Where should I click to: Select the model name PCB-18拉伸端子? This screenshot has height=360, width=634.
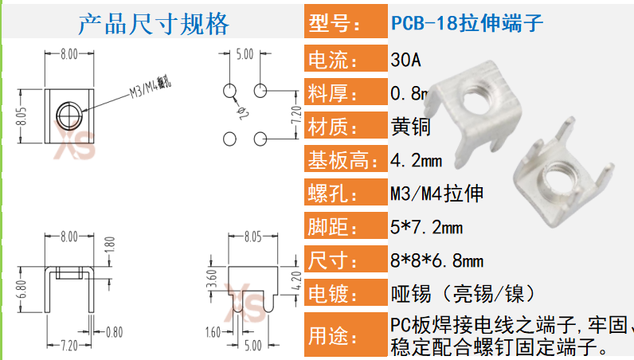pyautogui.click(x=468, y=23)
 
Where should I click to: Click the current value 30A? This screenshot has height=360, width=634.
pyautogui.click(x=406, y=59)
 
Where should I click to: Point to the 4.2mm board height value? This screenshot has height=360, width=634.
pyautogui.click(x=416, y=160)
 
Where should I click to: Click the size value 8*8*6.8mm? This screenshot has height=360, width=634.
pyautogui.click(x=436, y=260)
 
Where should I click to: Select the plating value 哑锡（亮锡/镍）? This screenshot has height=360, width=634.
pyautogui.click(x=461, y=293)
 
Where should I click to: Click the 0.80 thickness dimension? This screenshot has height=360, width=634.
pyautogui.click(x=115, y=331)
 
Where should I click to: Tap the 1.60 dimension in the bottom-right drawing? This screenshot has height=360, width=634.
pyautogui.click(x=213, y=331)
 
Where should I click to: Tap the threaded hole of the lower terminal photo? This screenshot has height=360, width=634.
pyautogui.click(x=549, y=170)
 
